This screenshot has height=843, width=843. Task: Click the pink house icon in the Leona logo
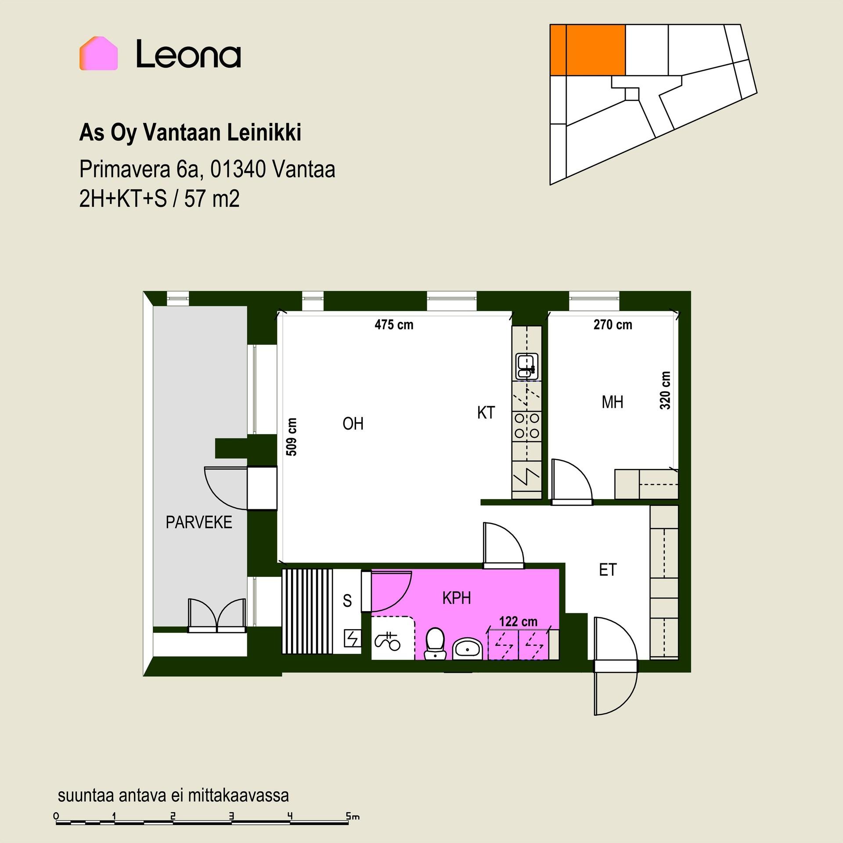tap(98, 53)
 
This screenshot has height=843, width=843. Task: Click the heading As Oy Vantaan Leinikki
tap(190, 133)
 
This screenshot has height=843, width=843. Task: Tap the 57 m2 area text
tap(212, 199)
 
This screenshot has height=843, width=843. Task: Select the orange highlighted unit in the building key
tap(587, 50)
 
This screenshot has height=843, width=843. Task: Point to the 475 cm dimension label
tap(394, 325)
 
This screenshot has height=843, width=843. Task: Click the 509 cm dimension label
tap(292, 437)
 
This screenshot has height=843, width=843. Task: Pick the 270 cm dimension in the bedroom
tap(612, 325)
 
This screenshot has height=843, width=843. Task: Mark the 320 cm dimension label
tap(665, 390)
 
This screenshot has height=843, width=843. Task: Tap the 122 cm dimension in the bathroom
tap(518, 621)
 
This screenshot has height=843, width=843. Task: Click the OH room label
tap(353, 424)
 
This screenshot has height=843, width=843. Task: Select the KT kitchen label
tap(486, 413)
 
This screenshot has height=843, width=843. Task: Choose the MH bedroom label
tap(612, 402)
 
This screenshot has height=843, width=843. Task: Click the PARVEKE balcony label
tap(199, 522)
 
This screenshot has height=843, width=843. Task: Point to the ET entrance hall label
tap(608, 570)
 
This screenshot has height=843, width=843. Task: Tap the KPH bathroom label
tap(457, 598)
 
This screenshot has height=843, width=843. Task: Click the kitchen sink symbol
tap(527, 366)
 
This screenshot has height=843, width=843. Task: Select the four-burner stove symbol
tap(527, 426)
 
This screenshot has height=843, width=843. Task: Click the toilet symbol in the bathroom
tap(436, 644)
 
